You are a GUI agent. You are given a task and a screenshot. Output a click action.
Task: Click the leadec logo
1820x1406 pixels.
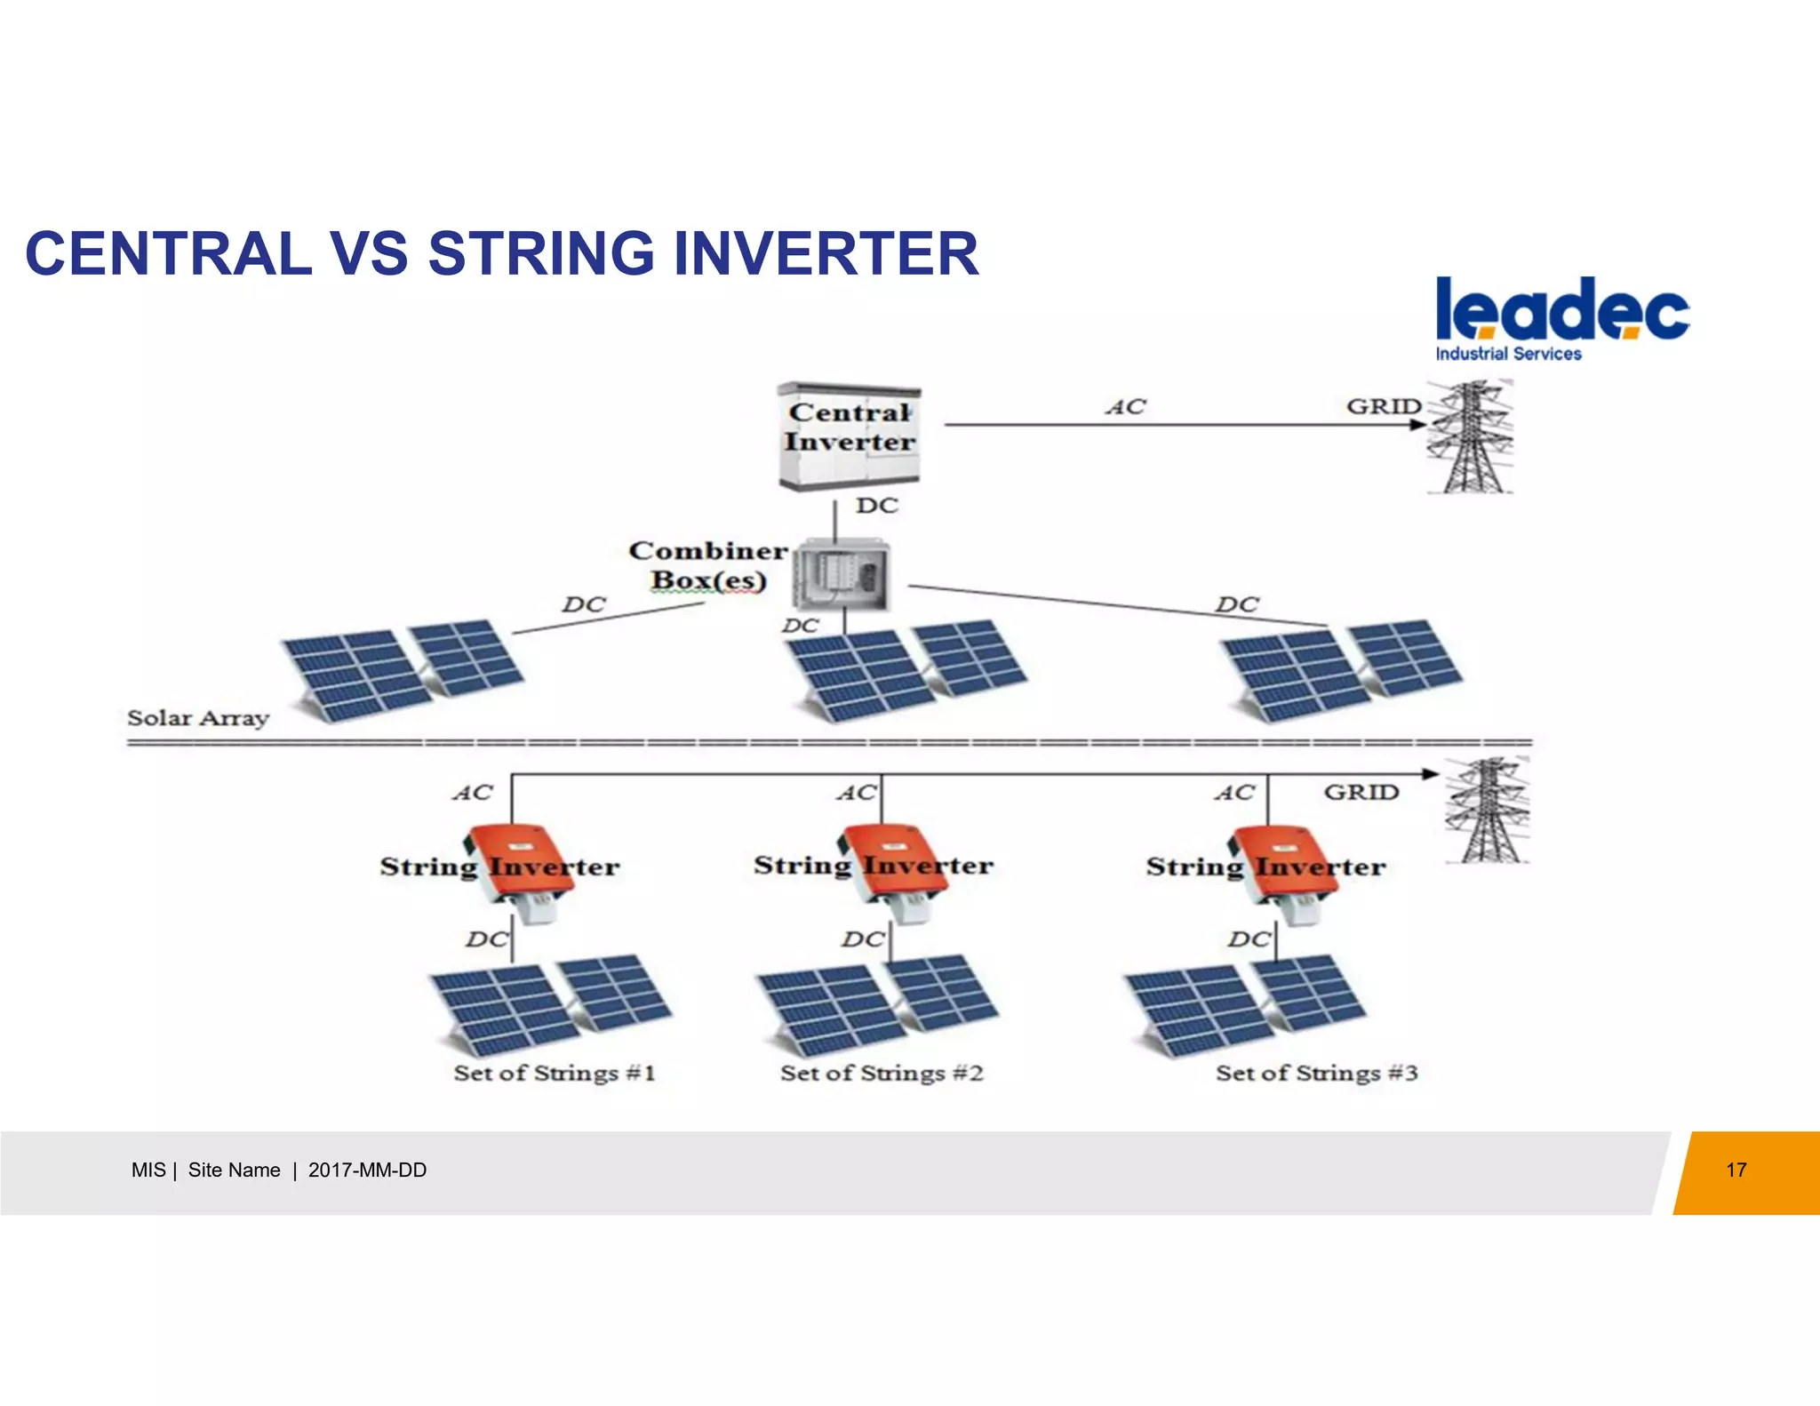coord(1561,318)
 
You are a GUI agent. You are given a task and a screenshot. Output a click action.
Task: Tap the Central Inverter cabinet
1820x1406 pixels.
coord(849,435)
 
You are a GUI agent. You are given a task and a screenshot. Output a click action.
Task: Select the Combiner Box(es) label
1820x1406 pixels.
coord(707,565)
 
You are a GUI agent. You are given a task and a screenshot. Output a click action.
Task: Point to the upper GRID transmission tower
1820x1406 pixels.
coord(1471,437)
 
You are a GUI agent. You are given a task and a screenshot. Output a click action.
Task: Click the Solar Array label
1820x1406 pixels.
coord(197,718)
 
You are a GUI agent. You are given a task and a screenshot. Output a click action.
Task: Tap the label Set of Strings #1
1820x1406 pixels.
coord(555,1074)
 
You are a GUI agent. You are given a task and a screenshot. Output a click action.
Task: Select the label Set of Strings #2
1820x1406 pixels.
coord(882,1074)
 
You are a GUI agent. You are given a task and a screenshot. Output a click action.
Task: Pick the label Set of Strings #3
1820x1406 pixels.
coord(1316,1074)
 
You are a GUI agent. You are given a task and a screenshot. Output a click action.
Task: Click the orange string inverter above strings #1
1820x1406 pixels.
coord(518,867)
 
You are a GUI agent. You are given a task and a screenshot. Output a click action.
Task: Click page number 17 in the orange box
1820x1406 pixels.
coord(1736,1170)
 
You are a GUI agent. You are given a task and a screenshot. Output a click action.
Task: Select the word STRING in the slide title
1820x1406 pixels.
coord(541,254)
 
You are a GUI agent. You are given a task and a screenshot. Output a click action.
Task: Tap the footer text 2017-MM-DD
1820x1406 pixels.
coord(367,1170)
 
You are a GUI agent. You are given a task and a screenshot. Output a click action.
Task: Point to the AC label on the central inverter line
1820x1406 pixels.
coord(1126,407)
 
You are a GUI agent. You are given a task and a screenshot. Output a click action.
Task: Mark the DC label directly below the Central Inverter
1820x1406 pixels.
coord(876,506)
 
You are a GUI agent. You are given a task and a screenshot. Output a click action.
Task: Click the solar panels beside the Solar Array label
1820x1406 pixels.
coord(402,671)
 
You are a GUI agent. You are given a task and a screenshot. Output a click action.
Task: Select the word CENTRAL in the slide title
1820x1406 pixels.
coord(169,254)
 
